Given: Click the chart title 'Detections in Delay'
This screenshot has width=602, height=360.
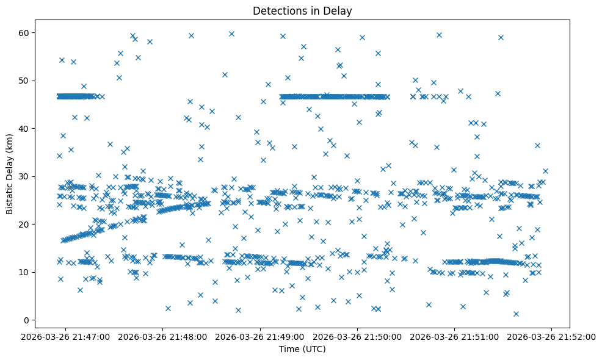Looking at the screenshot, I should click(302, 11).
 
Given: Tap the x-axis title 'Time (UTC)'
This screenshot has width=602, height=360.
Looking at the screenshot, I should click(302, 349).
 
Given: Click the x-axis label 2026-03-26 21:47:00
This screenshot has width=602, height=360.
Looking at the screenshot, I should click(66, 336).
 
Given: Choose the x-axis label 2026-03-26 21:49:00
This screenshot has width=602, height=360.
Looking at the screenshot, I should click(261, 336).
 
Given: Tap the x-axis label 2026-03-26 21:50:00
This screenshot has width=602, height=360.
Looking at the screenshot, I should click(358, 336).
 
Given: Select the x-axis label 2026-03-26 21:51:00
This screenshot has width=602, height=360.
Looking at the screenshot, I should click(455, 336).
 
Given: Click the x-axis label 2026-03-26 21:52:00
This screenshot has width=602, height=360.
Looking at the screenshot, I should click(552, 336).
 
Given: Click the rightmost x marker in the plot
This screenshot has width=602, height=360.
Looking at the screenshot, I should click(545, 171).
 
